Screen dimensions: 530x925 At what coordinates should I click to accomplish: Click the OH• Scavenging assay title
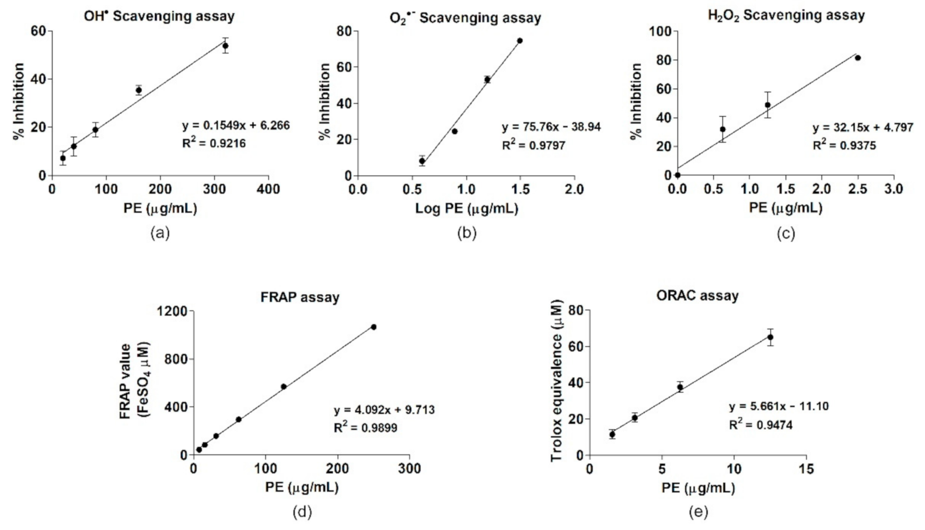(x=159, y=16)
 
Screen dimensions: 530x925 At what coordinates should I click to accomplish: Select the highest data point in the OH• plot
(x=225, y=46)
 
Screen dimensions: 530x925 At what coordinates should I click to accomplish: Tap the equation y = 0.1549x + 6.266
(x=236, y=125)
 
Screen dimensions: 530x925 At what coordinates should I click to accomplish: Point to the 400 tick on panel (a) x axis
(x=269, y=189)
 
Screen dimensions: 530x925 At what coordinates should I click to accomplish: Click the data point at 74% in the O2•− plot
(x=519, y=41)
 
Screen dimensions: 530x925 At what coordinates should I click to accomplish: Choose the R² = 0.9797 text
(x=533, y=145)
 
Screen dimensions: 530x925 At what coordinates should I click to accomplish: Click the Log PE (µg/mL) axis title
(x=466, y=208)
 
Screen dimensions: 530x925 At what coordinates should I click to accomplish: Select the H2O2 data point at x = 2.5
(x=857, y=58)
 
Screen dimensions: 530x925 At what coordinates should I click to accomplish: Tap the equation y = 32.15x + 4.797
(x=863, y=127)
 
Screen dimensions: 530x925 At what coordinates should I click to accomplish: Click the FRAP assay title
(x=299, y=297)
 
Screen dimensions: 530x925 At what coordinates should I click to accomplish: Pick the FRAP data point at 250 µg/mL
(x=374, y=327)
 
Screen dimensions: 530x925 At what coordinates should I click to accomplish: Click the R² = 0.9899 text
(x=365, y=428)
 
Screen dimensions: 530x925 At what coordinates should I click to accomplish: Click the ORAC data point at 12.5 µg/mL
(x=770, y=337)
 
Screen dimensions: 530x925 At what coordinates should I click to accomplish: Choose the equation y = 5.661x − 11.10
(x=779, y=406)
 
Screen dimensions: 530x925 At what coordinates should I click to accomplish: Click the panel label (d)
(x=302, y=512)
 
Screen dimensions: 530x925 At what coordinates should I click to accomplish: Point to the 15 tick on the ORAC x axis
(x=806, y=469)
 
